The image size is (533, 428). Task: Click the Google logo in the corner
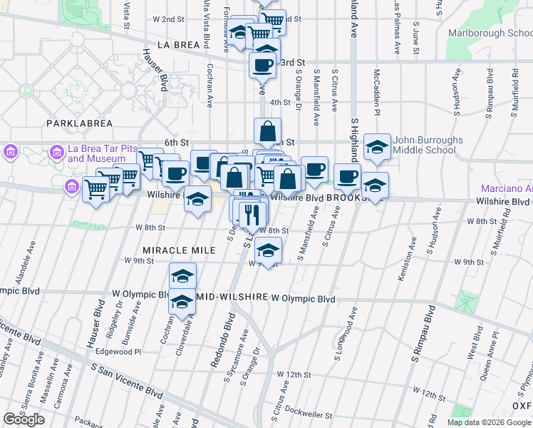coord(24,419)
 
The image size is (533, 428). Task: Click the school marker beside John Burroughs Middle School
coord(376,147)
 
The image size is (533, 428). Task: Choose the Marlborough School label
coord(490,33)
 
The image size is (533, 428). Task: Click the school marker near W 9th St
coord(268,250)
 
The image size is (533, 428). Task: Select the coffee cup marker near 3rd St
coord(262,65)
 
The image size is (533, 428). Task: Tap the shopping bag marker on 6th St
coord(267,131)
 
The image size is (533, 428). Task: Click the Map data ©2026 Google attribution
coord(489,422)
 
